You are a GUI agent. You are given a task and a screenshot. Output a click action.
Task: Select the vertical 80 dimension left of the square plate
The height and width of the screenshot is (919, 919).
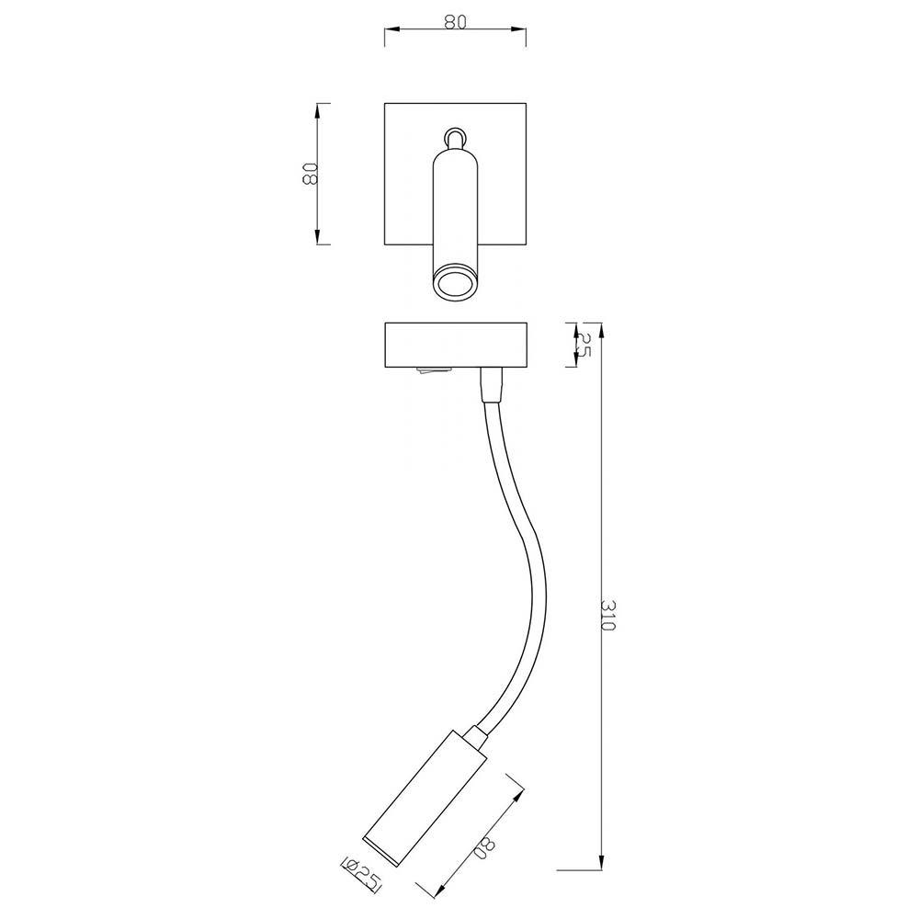(309, 174)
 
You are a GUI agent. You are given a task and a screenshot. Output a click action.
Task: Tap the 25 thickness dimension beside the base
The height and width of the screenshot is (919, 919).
(583, 345)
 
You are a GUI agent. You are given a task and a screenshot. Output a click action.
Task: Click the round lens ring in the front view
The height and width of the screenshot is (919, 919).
(455, 284)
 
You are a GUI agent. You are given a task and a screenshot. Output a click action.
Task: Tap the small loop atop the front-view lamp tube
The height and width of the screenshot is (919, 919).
(455, 137)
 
